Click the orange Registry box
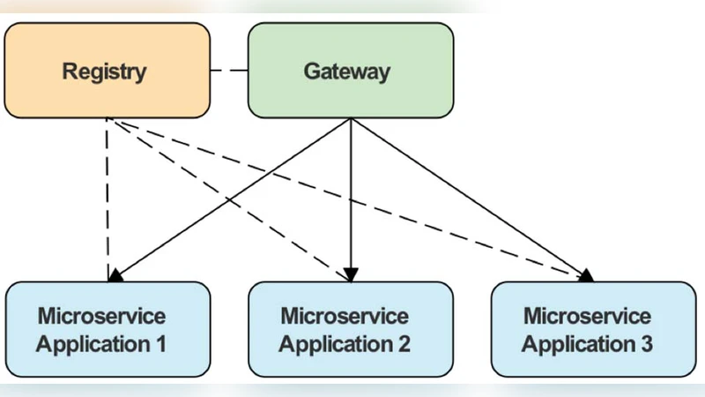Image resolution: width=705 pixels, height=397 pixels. point(107,71)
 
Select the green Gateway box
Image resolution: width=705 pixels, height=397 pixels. point(350,71)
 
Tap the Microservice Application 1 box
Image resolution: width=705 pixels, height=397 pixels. point(107,329)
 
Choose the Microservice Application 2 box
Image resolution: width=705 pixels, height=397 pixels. point(350,329)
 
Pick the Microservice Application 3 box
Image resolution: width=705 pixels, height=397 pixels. point(592,329)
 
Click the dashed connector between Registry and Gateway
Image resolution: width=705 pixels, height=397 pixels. point(229,71)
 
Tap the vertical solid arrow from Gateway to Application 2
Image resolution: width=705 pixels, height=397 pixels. point(352,194)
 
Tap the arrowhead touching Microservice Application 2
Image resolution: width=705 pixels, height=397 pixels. point(352,276)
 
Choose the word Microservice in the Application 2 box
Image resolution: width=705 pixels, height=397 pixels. point(345,316)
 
